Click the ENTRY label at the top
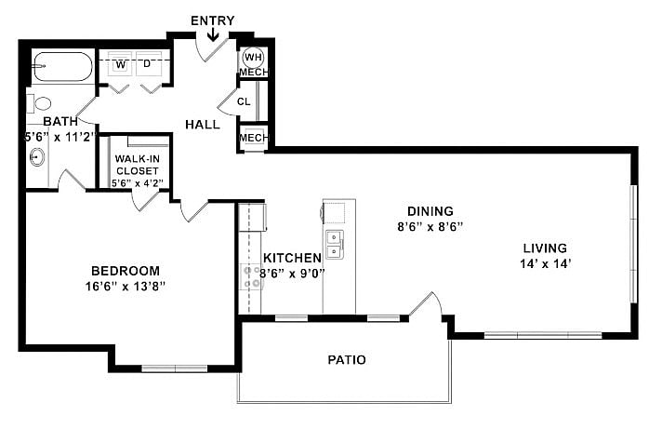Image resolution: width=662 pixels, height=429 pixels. coord(213,20)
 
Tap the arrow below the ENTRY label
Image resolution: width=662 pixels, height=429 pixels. coord(213,35)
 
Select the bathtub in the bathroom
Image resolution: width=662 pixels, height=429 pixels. coord(62,67)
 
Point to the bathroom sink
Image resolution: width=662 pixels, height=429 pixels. coord(37,157)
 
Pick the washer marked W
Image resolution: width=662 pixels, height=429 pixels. coord(121,64)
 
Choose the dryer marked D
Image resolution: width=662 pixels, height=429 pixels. coord(147,64)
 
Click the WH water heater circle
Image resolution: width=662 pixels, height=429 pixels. coord(254,57)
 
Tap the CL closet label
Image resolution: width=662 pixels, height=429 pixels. coord(244,101)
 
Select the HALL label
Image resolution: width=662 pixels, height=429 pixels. coord(202,125)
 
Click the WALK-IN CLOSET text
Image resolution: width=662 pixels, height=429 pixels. coord(136,165)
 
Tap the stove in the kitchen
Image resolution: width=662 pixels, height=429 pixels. coord(251,276)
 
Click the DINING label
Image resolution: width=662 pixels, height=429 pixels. coord(430,210)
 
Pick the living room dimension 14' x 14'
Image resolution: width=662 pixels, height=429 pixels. coord(544,263)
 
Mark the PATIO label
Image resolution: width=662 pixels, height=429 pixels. coord(347,359)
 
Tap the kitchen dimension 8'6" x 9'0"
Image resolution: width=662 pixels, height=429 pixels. coord(291,274)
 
